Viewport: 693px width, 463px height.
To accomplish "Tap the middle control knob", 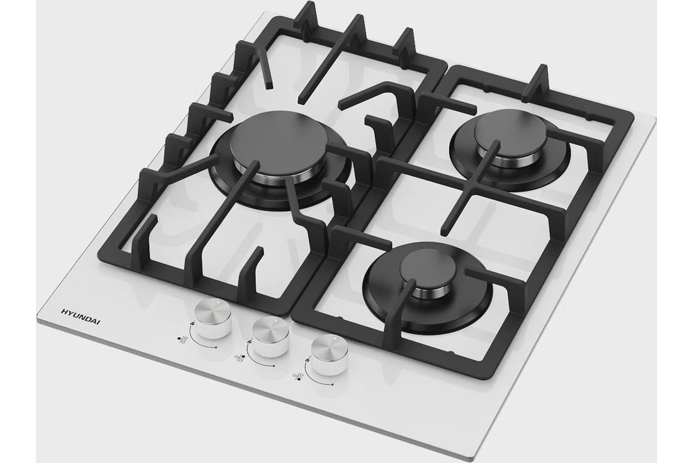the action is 270,336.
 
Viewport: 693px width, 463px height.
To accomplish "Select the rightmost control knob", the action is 330,355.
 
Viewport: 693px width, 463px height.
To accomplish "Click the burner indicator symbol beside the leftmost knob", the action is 182,340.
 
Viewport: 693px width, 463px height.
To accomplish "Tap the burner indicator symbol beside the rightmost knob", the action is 298,376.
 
